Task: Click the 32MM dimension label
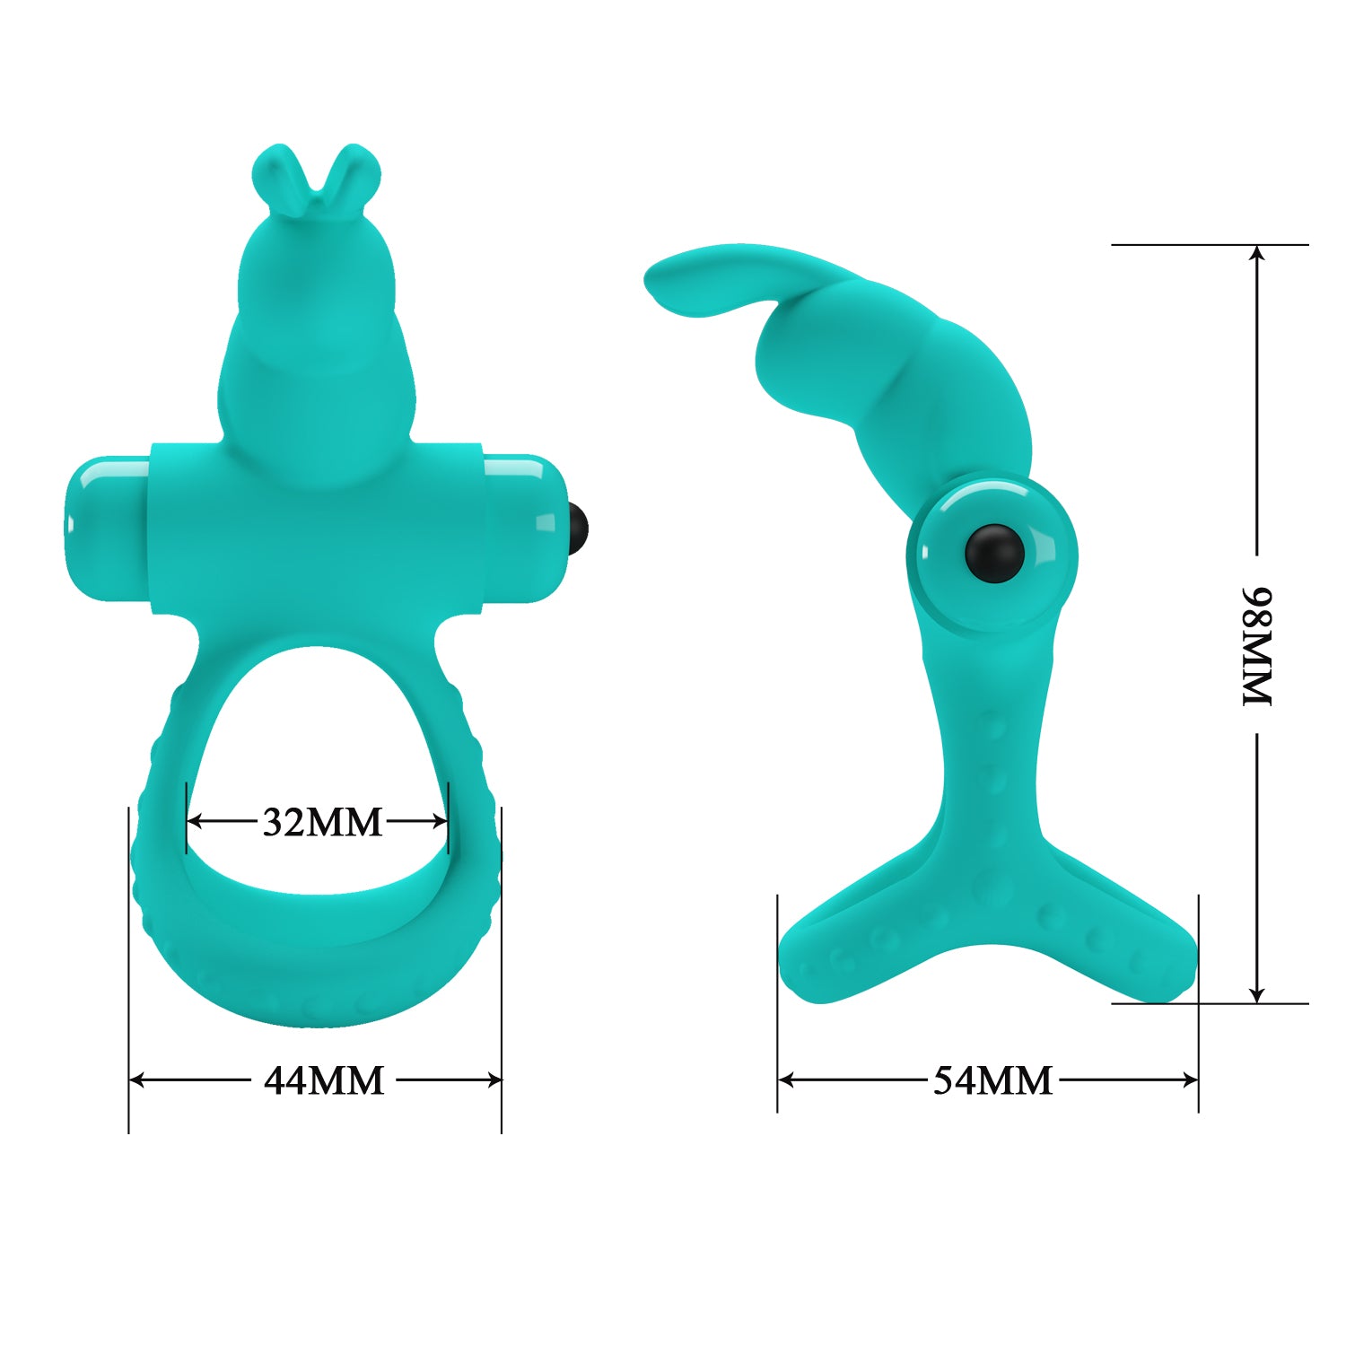tap(322, 822)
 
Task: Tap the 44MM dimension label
tap(324, 1080)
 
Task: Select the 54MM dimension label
tap(992, 1080)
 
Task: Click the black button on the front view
tap(580, 528)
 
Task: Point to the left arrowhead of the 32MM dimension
tap(193, 821)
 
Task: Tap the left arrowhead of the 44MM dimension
tap(135, 1080)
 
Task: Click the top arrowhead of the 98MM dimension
tap(1257, 252)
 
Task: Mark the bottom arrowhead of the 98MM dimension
tap(1257, 995)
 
